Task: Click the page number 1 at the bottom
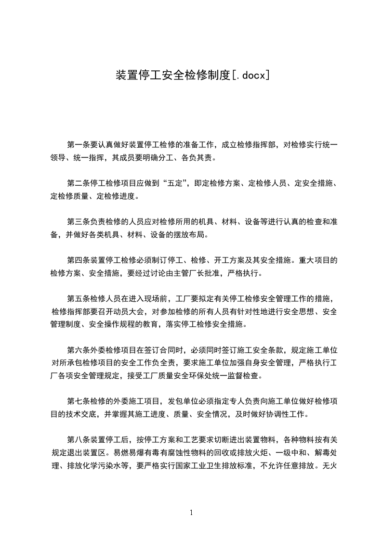tap(191, 513)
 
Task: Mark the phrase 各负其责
tap(198, 157)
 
